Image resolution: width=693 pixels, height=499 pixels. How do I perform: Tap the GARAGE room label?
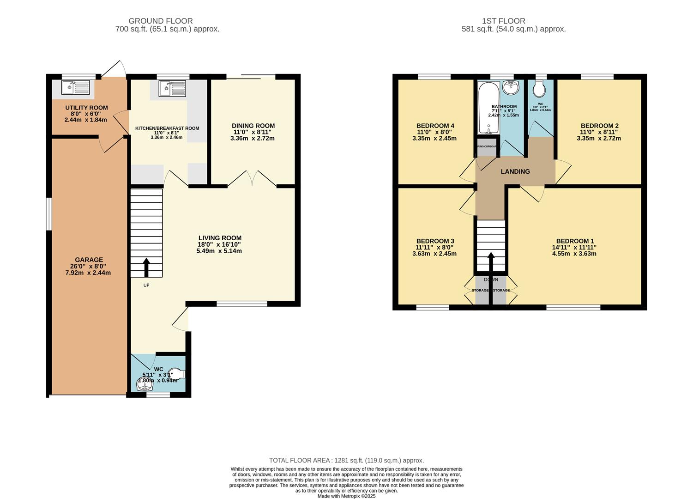click(x=89, y=260)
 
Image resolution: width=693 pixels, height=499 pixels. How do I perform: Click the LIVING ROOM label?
click(x=220, y=238)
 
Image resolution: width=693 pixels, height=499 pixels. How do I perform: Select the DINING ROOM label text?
click(x=253, y=126)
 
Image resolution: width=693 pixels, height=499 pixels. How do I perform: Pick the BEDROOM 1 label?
click(x=575, y=241)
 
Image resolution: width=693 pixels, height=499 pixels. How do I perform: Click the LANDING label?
click(x=515, y=171)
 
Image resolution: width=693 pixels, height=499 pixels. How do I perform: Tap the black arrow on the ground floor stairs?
click(x=146, y=267)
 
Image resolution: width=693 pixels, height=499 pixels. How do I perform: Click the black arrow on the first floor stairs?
click(x=491, y=261)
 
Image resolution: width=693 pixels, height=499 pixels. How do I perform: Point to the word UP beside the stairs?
click(x=146, y=285)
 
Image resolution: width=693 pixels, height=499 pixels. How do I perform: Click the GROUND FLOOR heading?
click(x=160, y=21)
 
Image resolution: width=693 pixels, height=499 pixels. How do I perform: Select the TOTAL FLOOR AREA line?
click(x=346, y=460)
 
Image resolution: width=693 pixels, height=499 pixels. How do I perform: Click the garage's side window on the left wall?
click(x=49, y=213)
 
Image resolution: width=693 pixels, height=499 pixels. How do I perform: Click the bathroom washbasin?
click(x=511, y=86)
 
